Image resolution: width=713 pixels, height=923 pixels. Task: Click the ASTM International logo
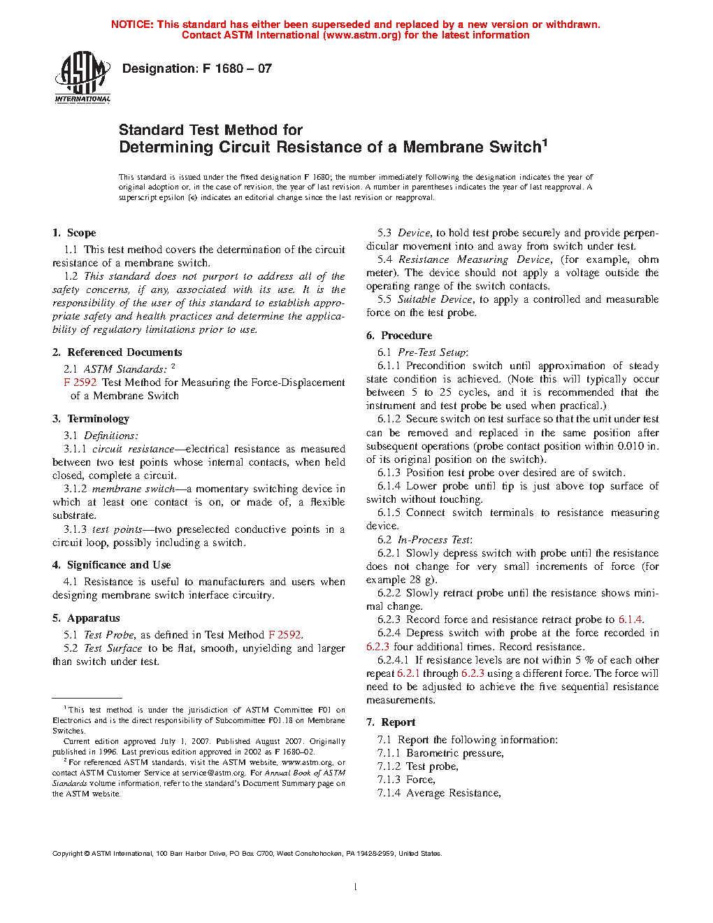click(82, 78)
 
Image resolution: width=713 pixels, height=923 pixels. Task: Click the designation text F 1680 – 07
click(197, 69)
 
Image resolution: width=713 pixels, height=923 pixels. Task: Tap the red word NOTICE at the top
click(131, 24)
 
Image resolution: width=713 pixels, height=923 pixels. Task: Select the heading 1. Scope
click(74, 233)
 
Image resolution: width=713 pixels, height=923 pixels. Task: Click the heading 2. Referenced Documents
click(117, 352)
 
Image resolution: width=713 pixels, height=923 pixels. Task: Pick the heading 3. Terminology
click(91, 419)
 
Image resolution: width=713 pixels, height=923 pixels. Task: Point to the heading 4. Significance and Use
click(111, 565)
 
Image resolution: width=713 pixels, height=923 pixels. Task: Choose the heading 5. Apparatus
click(86, 618)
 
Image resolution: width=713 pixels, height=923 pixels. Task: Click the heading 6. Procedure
click(399, 336)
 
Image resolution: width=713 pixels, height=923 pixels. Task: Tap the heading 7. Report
click(391, 722)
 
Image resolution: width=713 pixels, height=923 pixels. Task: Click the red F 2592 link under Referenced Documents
click(80, 382)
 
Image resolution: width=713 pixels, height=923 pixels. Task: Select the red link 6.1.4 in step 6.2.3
click(630, 620)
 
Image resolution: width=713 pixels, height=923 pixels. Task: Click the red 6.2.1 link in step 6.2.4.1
click(408, 673)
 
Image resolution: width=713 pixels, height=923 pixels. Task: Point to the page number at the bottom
click(356, 887)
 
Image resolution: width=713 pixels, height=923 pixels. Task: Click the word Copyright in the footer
click(67, 854)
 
